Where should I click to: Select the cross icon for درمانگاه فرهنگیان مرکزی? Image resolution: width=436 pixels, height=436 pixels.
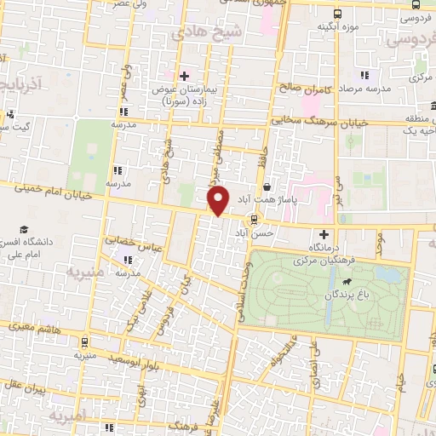click(323, 234)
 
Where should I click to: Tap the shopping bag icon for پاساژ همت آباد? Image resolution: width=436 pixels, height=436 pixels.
click(267, 186)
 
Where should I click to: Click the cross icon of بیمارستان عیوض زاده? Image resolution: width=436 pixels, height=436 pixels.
click(183, 76)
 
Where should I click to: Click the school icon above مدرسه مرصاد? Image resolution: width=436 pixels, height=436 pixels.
click(364, 75)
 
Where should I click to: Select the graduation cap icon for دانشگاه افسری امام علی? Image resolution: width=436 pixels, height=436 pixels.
click(25, 230)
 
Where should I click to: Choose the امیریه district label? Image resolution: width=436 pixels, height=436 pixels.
click(68, 416)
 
